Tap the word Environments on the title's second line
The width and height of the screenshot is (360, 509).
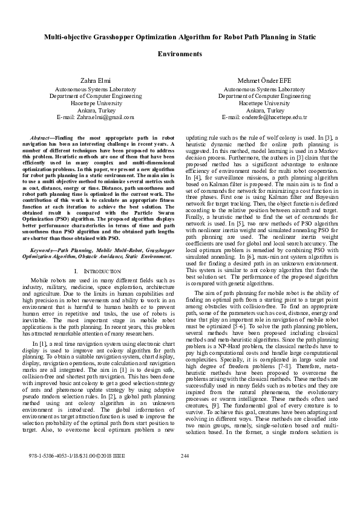(180, 54)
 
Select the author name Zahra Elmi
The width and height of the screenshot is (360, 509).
(93, 80)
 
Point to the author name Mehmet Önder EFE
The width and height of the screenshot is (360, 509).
(264, 80)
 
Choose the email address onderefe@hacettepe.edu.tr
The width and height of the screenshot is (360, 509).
(264, 117)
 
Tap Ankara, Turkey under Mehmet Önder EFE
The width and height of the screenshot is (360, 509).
(265, 110)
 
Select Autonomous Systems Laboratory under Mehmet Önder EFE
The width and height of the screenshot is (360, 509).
(265, 88)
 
